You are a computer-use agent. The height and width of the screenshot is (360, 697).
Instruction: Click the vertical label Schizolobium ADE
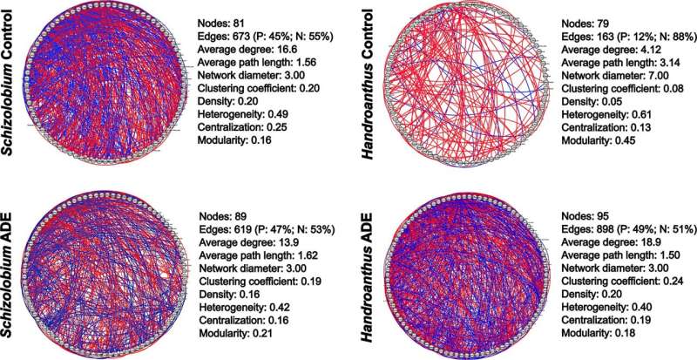(x=13, y=270)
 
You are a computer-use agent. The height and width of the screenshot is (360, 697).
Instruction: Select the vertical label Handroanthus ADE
(x=373, y=270)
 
